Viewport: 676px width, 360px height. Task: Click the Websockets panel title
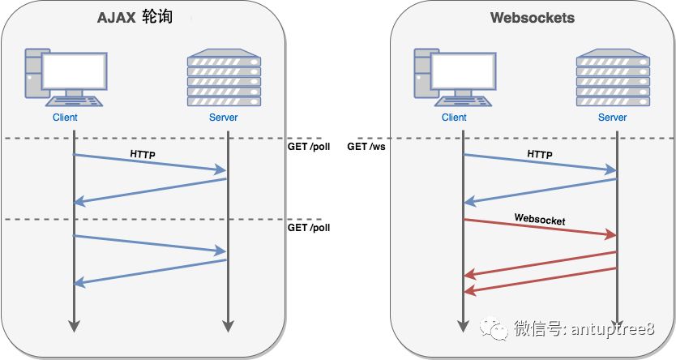pyautogui.click(x=533, y=18)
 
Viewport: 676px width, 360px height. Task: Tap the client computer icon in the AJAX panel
pyautogui.click(x=64, y=79)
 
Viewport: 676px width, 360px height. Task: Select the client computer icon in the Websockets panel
pyautogui.click(x=453, y=79)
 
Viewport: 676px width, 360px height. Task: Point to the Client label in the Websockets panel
pyautogui.click(x=454, y=118)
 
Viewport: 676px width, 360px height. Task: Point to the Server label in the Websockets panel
pyautogui.click(x=613, y=118)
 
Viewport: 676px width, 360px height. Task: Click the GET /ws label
pyautogui.click(x=366, y=147)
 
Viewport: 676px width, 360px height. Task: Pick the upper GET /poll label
pyautogui.click(x=309, y=147)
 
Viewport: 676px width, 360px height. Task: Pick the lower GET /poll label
pyautogui.click(x=309, y=228)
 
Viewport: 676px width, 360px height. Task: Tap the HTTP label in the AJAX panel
pyautogui.click(x=143, y=153)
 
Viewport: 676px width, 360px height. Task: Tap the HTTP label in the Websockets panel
pyautogui.click(x=540, y=153)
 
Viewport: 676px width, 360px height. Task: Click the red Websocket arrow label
pyautogui.click(x=539, y=219)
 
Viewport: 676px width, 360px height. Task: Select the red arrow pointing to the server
pyautogui.click(x=539, y=228)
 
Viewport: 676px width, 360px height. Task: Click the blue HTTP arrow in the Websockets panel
pyautogui.click(x=539, y=162)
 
